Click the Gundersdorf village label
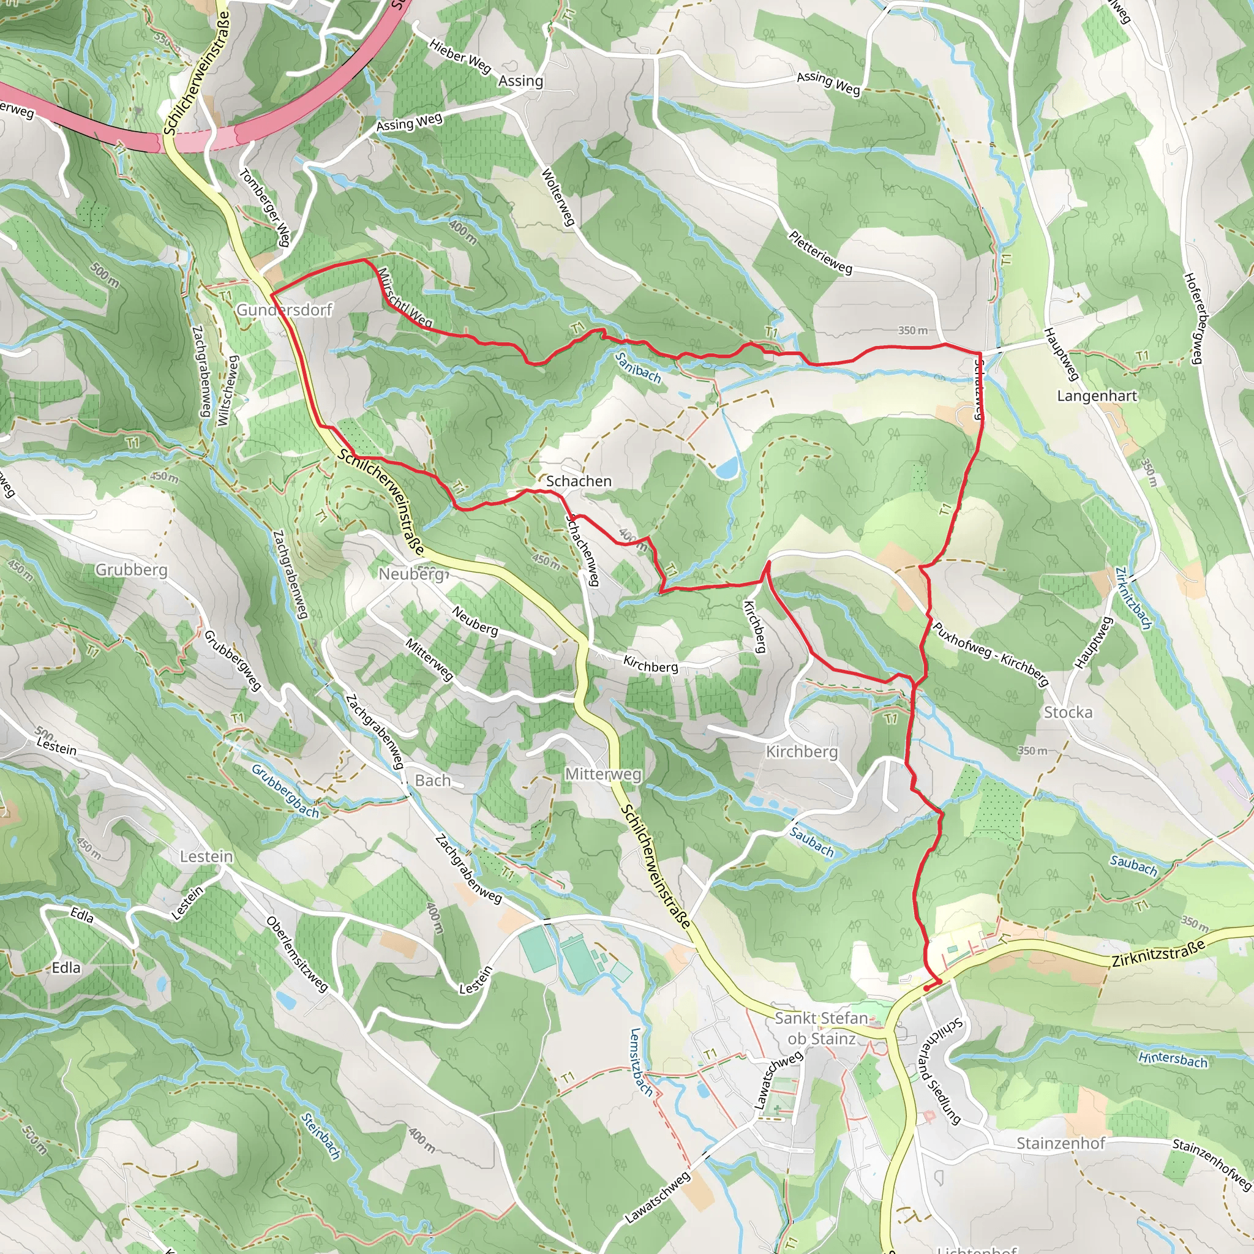[x=283, y=310]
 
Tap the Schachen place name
[x=578, y=481]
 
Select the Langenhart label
[x=1097, y=396]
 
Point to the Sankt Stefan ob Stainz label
[x=821, y=1028]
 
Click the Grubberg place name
[x=131, y=569]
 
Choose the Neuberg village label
[x=411, y=574]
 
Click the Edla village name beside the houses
[x=66, y=968]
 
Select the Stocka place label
[x=1068, y=712]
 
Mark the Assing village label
[x=520, y=81]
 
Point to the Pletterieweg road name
[x=820, y=252]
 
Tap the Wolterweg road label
[x=558, y=197]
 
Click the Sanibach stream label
[x=637, y=367]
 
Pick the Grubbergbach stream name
[x=285, y=791]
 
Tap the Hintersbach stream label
[x=1173, y=1059]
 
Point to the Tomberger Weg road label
[x=264, y=208]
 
